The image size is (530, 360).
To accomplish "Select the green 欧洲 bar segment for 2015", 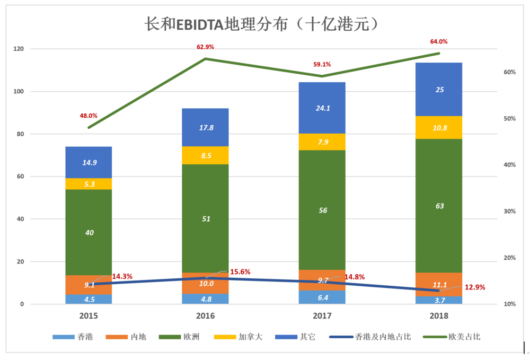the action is [x=89, y=232].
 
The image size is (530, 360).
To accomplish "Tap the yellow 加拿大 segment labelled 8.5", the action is [x=205, y=155].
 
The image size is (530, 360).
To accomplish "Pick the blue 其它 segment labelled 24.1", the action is [x=322, y=108].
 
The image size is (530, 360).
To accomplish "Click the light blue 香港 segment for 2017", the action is [x=322, y=297].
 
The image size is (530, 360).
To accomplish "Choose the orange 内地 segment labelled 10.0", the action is [x=205, y=283].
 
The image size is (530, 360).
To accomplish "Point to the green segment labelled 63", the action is [x=439, y=206].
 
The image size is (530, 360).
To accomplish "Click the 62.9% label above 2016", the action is [x=205, y=47].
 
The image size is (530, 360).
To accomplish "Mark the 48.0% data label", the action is [x=89, y=116].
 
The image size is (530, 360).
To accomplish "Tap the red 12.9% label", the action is [x=475, y=287].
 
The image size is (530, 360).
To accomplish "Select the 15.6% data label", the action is [x=240, y=272].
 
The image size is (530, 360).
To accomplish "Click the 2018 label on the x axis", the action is [x=439, y=315].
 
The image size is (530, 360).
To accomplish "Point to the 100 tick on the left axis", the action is [x=19, y=92].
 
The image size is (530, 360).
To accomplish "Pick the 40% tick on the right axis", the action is [x=510, y=165].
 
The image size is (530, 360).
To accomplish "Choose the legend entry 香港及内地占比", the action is [x=370, y=337].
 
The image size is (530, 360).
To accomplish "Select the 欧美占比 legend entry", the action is [x=452, y=337].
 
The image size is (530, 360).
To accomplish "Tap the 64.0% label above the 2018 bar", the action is [x=439, y=41].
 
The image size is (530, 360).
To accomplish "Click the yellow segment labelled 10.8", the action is [x=439, y=127].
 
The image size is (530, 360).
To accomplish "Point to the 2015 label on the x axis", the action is [x=89, y=315].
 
